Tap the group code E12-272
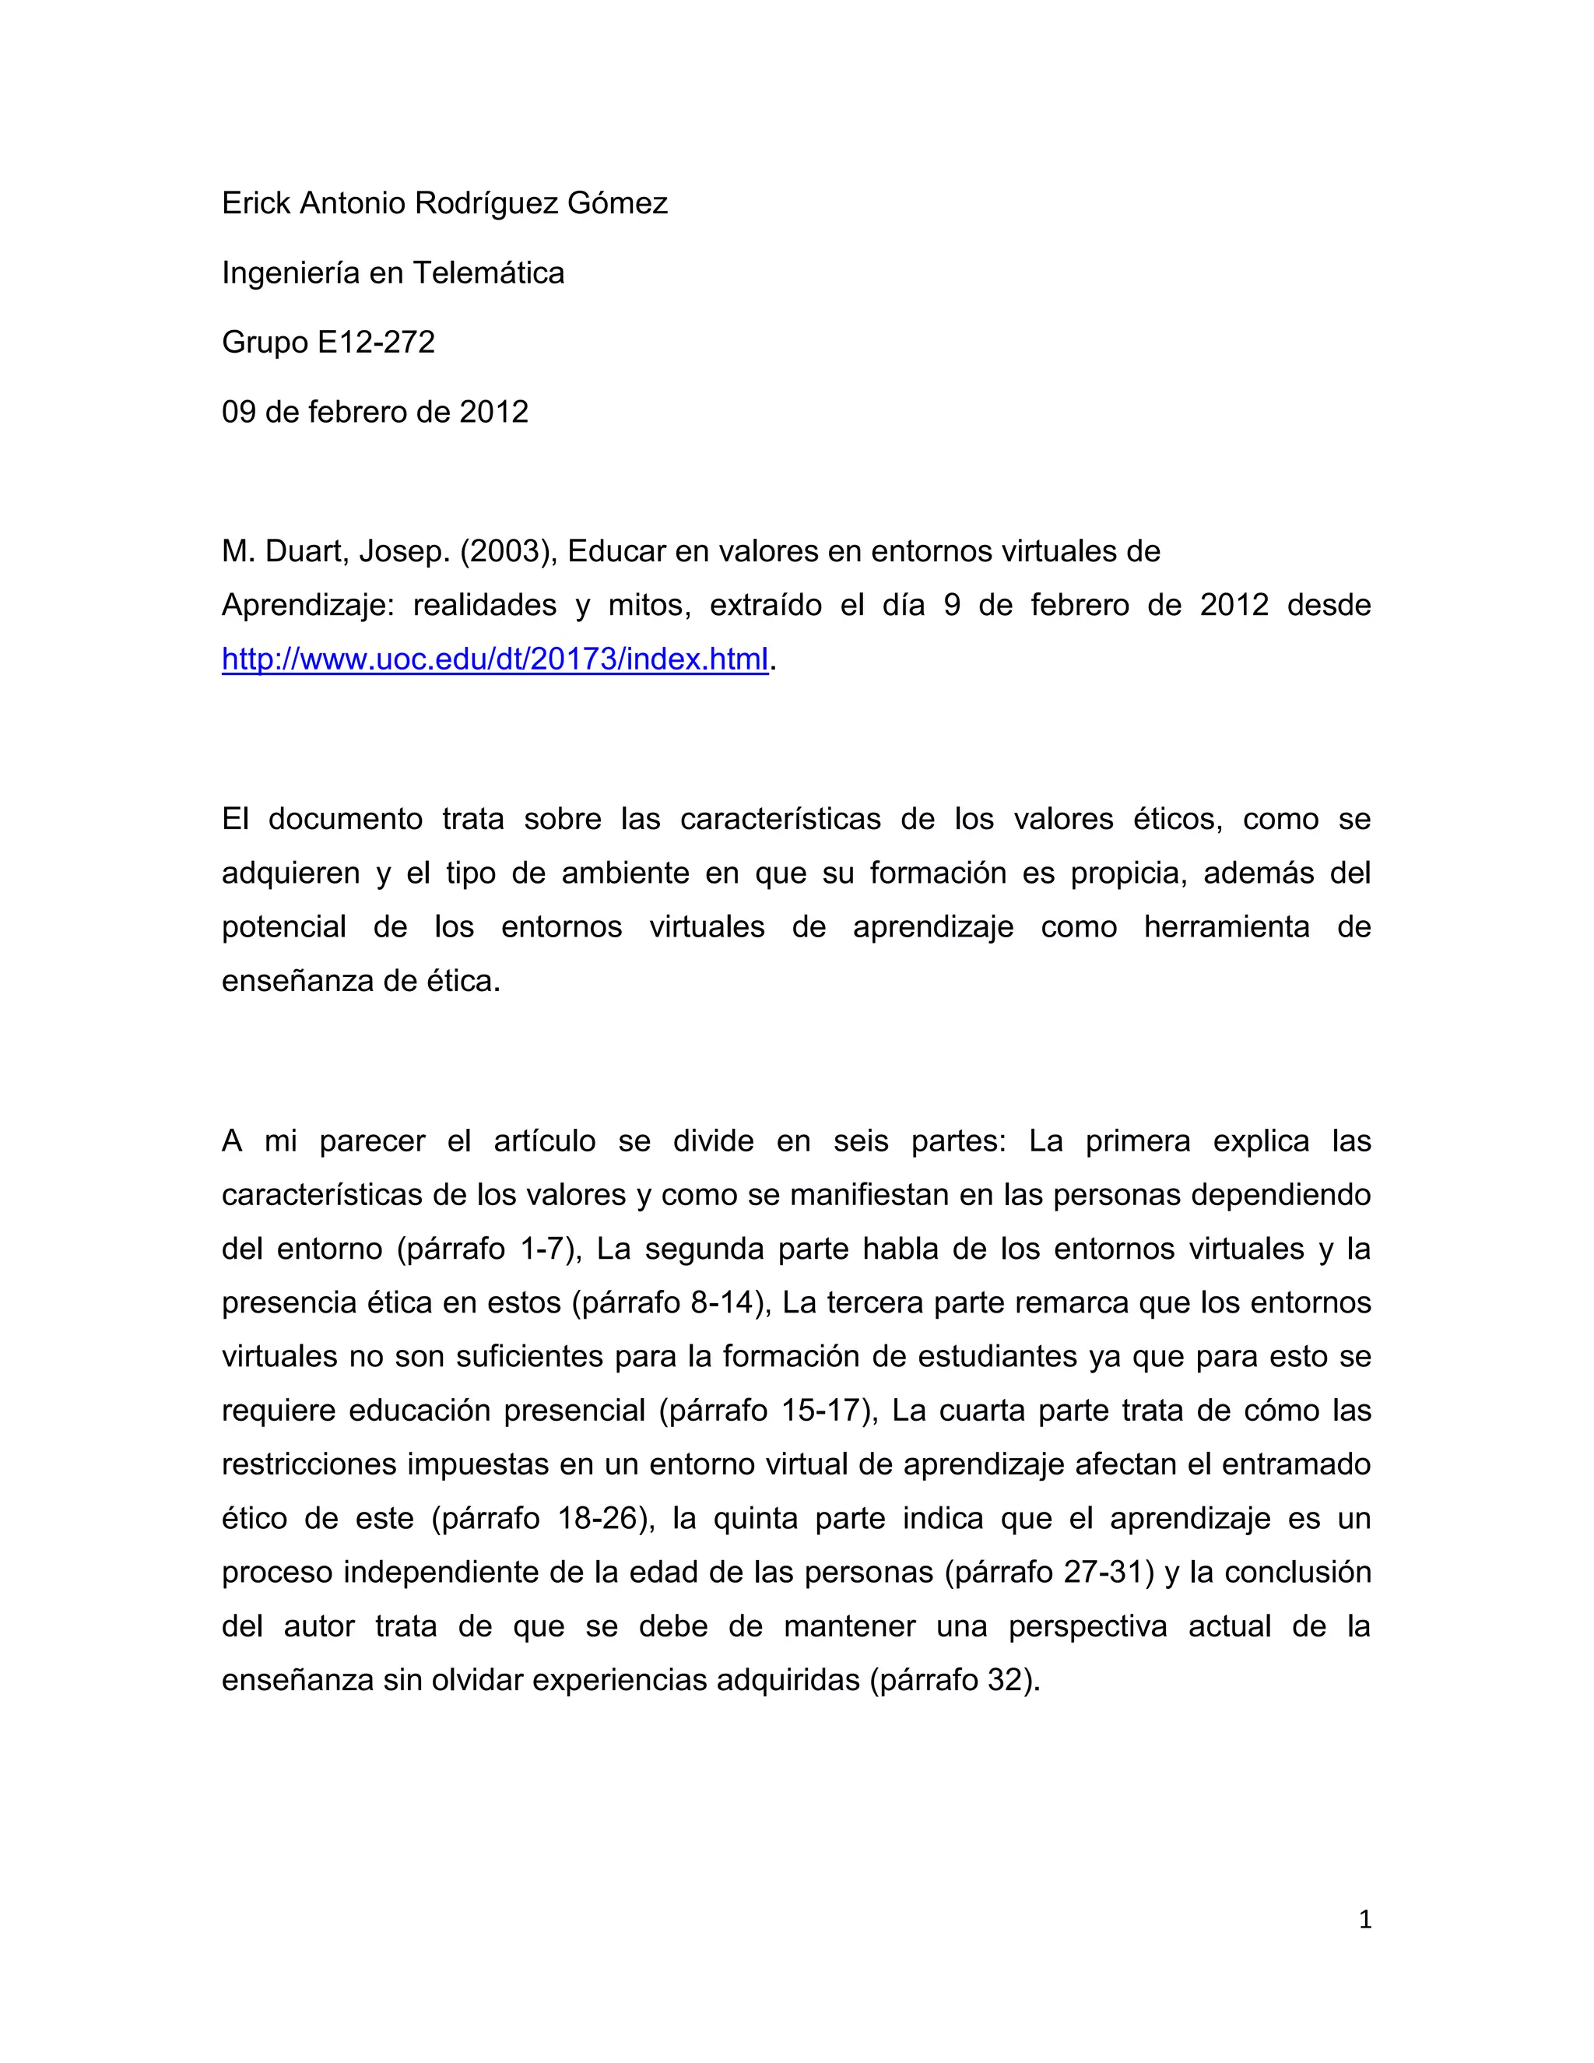click(x=376, y=342)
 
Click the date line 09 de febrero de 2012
click(x=375, y=412)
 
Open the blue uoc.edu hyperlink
click(x=495, y=659)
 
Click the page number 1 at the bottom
click(x=1364, y=1920)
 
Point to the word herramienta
click(x=1227, y=926)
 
